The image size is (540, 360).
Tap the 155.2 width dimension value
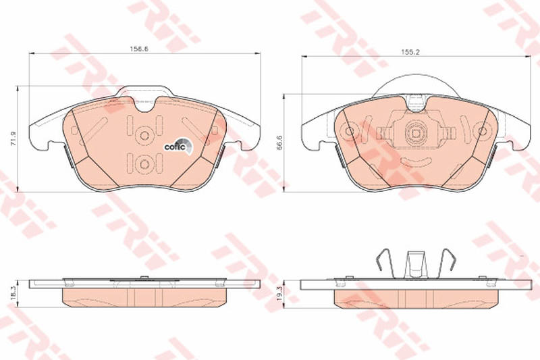[410, 53]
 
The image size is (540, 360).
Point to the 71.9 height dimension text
[13, 138]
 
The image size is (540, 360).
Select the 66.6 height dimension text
[279, 142]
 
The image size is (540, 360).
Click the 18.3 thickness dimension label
[13, 294]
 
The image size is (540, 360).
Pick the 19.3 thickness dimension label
[279, 294]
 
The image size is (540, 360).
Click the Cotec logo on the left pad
[178, 146]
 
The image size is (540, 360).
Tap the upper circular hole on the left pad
[144, 135]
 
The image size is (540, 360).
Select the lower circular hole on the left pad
[144, 164]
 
